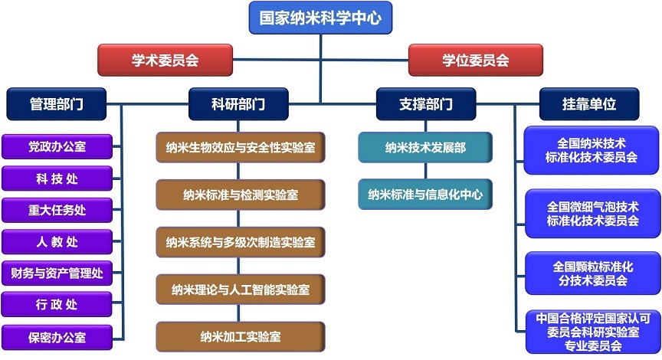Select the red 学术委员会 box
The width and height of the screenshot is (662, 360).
coord(164,60)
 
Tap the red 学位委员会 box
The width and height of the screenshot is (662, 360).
coord(475,60)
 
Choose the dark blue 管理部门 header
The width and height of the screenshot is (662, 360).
coord(57,103)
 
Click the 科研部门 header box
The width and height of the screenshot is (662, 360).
coord(239,103)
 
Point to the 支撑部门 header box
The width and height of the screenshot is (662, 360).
coord(426,103)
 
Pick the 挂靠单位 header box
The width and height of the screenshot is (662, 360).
coord(588,103)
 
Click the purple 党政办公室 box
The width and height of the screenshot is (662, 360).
coord(57,146)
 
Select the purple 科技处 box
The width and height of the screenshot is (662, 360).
coord(57,178)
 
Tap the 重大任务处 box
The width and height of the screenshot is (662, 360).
coord(57,210)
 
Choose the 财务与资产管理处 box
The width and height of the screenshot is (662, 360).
coord(57,273)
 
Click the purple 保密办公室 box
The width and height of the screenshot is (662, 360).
coord(57,336)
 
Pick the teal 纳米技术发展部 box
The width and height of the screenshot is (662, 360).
coord(425,147)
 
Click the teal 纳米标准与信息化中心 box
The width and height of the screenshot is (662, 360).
coord(425,195)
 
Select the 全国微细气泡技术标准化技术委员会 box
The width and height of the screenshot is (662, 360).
coord(592,214)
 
